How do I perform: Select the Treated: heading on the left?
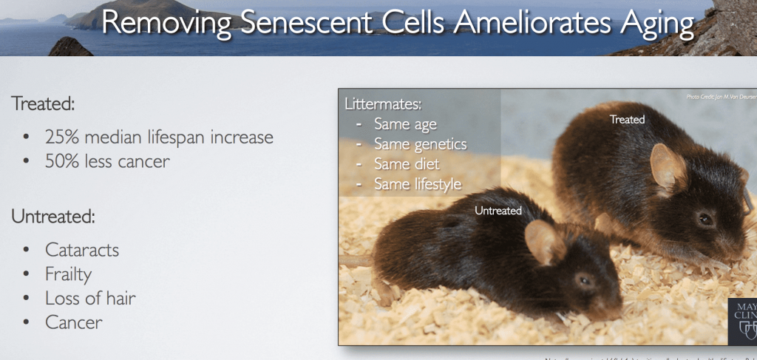43,103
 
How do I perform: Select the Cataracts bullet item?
82,250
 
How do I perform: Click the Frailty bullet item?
68,274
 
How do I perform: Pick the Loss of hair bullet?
90,299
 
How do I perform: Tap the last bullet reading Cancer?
73,322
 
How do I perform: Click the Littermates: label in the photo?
383,104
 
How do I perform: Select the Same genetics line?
420,144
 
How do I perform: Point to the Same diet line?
407,164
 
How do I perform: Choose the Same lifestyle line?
418,184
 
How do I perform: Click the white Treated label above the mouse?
627,119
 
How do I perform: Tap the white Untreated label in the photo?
498,211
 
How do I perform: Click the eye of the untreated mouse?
584,280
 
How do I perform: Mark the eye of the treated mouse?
705,219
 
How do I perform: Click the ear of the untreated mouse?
545,242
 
